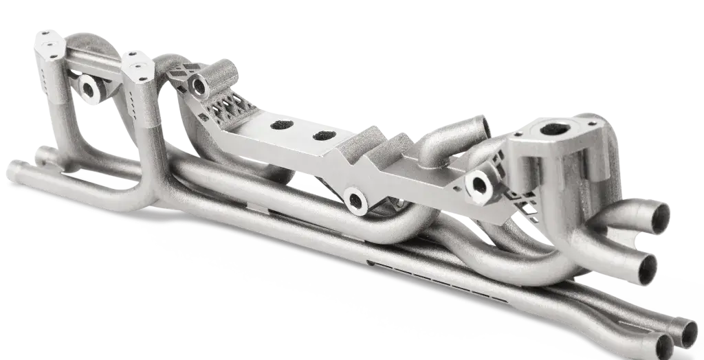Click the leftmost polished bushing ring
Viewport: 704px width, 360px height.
[89, 87]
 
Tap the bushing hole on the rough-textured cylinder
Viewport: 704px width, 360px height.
[200, 86]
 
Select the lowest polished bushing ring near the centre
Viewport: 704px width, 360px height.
[355, 201]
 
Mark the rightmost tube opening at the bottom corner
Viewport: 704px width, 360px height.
[689, 333]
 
